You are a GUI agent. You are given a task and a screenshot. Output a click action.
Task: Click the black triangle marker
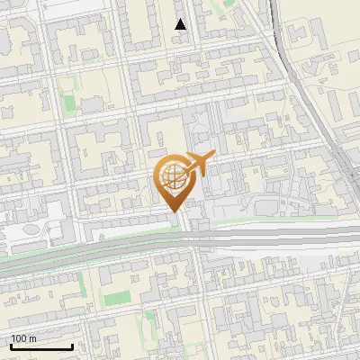(181, 24)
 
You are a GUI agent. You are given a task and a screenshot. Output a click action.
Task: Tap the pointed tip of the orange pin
(172, 211)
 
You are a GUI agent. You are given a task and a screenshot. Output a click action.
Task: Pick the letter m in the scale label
(33, 338)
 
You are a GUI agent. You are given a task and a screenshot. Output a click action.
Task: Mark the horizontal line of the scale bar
(40, 346)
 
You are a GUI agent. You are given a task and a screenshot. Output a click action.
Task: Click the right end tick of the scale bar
(72, 345)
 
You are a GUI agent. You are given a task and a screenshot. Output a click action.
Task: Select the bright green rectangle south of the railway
(116, 298)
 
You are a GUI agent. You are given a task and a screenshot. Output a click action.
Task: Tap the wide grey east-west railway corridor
(108, 246)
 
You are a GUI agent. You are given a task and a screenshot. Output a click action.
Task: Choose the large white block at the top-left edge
(63, 9)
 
